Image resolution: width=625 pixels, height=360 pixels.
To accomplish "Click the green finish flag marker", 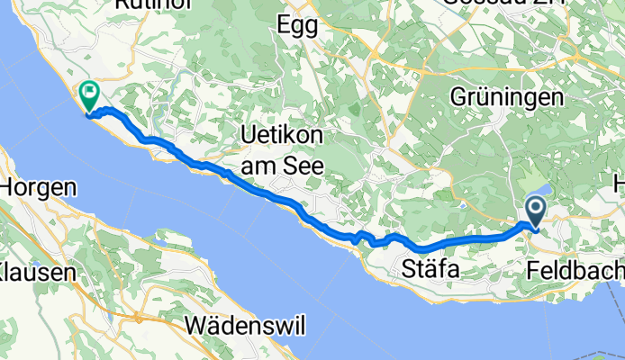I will (x=90, y=92).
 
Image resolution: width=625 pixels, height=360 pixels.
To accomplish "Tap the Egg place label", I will (x=299, y=26).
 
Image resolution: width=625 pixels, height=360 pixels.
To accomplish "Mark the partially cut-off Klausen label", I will (x=27, y=269).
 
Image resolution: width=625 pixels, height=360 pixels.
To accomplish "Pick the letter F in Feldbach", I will (x=533, y=269).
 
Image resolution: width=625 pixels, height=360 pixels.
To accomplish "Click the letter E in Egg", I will (x=285, y=26).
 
